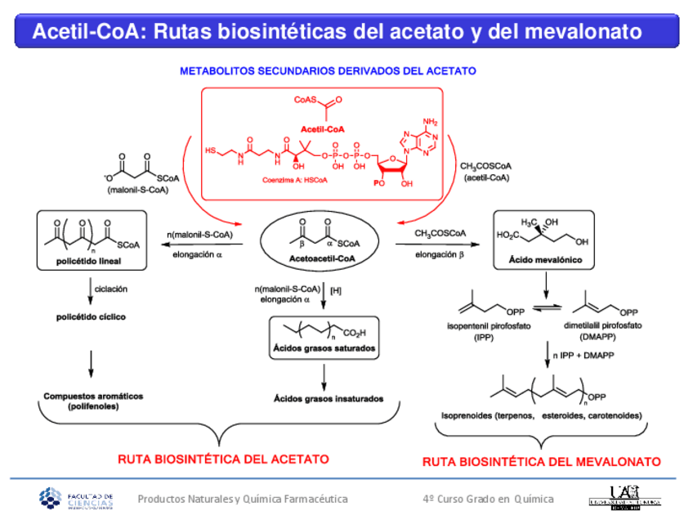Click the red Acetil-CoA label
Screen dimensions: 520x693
point(324,129)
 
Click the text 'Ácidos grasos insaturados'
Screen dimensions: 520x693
point(328,399)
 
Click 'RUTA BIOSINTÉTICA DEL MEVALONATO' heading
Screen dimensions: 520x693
point(541,462)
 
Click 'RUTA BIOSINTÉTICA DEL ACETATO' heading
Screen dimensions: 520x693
point(223,458)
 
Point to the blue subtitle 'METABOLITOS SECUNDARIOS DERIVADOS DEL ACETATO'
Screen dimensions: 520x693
point(328,71)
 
